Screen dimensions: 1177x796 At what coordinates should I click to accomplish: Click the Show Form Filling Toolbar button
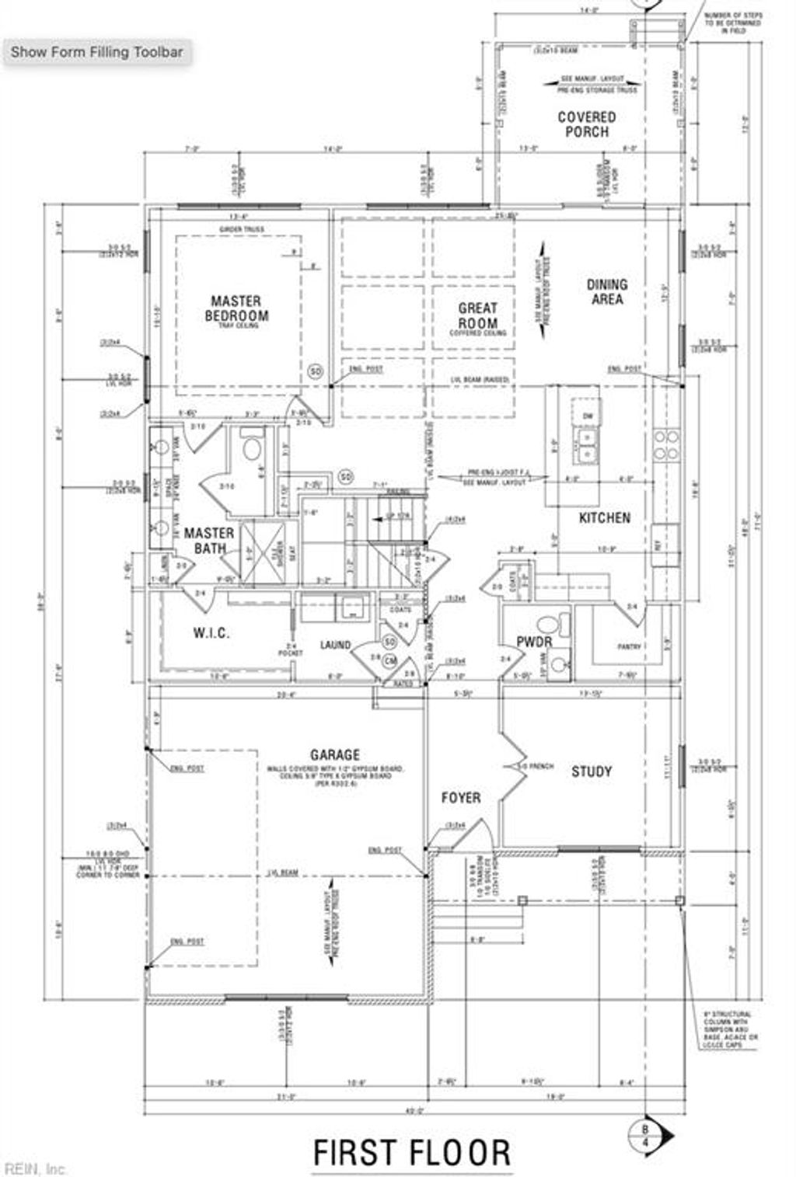[96, 53]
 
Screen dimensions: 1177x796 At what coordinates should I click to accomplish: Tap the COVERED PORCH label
[587, 124]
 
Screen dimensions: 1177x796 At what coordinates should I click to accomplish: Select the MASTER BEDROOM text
[236, 308]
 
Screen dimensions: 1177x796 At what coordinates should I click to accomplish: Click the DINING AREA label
[607, 291]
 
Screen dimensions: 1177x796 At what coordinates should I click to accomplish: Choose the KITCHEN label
[605, 517]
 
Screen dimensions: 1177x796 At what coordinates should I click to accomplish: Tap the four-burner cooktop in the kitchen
[665, 444]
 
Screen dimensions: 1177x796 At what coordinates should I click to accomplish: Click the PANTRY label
[628, 646]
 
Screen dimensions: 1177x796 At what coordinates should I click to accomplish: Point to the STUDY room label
[592, 771]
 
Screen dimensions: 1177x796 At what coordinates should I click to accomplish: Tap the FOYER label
[461, 798]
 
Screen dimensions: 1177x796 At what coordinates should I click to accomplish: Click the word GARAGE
[335, 754]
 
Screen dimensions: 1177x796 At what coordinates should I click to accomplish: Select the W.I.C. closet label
[211, 633]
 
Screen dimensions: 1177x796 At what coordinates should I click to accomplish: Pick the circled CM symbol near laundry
[390, 660]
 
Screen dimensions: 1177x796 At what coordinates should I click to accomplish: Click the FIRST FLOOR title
[412, 1153]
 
